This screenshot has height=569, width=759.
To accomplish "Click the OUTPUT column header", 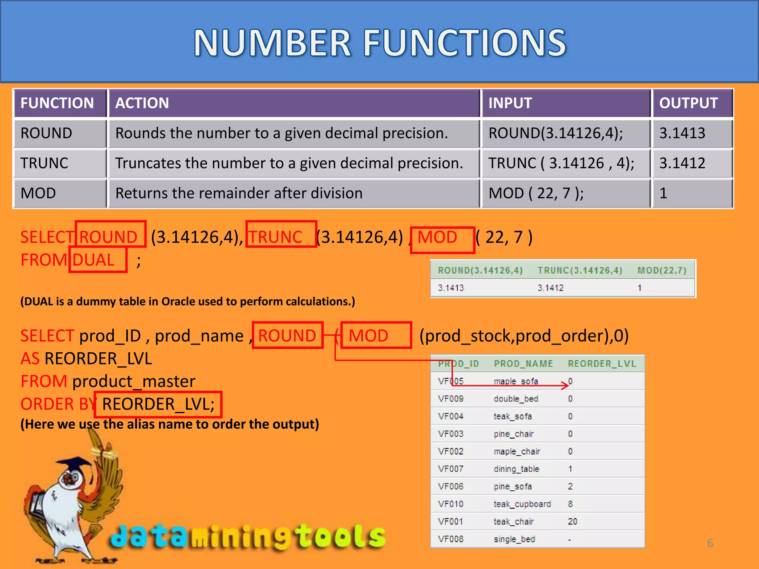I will point(688,103).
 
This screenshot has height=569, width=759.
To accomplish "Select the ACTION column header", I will point(142,103).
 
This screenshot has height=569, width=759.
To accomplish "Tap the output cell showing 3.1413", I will point(682,133).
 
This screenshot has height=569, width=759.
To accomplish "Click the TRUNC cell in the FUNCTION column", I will point(44,163).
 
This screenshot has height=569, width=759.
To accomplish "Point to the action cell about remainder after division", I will point(239,193).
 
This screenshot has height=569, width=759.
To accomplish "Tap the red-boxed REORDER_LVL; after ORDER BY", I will point(158,404).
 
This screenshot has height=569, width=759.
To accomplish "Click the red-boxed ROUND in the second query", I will point(287,336).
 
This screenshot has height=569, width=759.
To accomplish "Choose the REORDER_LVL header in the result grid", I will point(602,364).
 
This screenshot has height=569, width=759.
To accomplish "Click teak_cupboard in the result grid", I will point(522,504).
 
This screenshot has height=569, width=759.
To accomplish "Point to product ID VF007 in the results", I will point(451,469).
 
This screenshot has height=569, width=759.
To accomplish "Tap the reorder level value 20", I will point(573,522).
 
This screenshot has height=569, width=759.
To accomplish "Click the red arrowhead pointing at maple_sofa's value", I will point(566,386).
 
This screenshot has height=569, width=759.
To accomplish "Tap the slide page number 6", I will point(710,543).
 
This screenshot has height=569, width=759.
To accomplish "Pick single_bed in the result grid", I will point(514,539).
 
